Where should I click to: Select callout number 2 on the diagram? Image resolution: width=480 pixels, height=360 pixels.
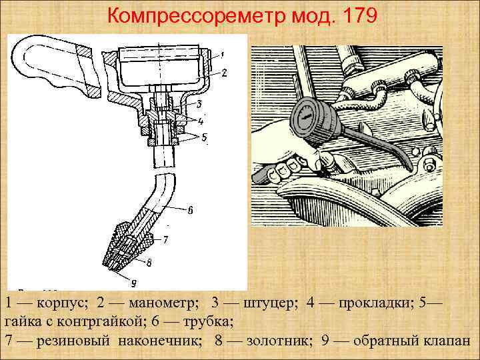click(224, 72)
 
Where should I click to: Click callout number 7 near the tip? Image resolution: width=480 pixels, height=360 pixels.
click(165, 238)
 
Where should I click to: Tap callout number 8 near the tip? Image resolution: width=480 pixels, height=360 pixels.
click(149, 263)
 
